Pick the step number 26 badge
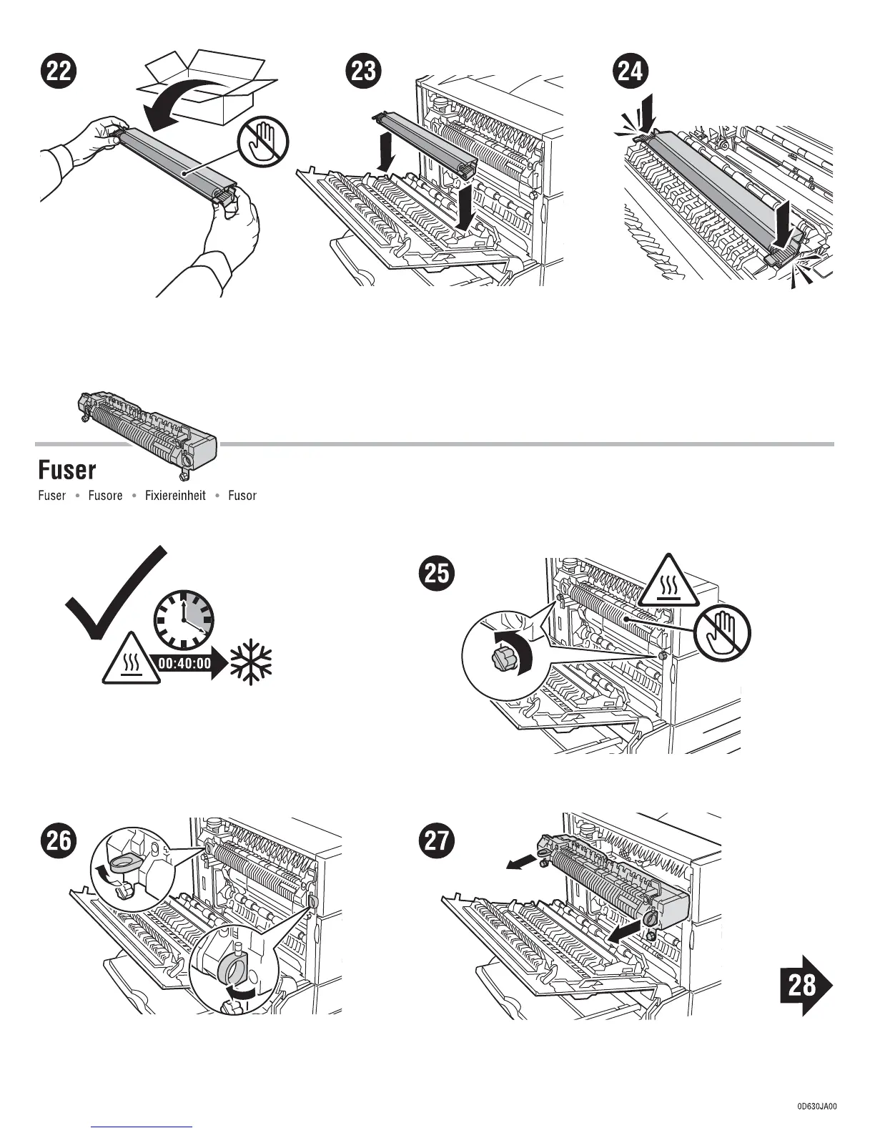tap(59, 840)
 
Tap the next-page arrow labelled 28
tap(804, 986)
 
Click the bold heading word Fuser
tap(66, 470)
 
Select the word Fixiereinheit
tap(175, 496)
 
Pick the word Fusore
tap(105, 496)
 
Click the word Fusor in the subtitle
tap(242, 496)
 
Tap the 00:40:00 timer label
tap(184, 663)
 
